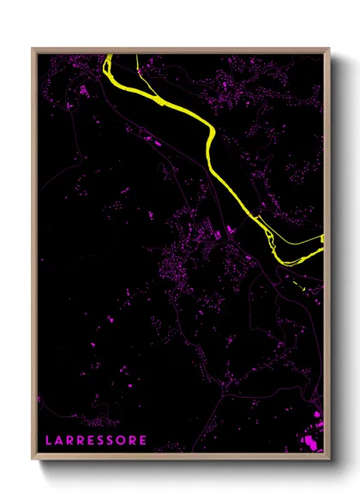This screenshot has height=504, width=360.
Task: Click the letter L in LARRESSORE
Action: click(x=48, y=441)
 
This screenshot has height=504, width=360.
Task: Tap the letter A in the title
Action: click(x=59, y=441)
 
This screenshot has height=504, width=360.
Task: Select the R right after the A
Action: click(x=70, y=441)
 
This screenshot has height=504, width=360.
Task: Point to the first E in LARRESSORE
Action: click(x=93, y=441)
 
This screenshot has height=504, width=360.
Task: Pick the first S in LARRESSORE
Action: click(x=103, y=441)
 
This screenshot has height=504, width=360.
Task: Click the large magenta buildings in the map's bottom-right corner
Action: click(x=310, y=441)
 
